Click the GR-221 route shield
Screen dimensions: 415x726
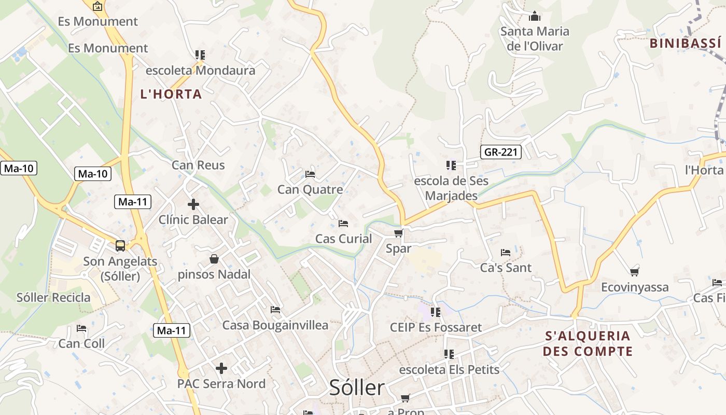click(501, 152)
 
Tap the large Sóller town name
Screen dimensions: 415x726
click(357, 388)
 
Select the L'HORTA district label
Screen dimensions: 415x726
click(171, 94)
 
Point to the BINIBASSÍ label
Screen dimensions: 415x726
click(686, 43)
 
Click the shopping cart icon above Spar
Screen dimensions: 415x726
click(398, 233)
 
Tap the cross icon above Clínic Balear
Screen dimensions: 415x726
click(193, 204)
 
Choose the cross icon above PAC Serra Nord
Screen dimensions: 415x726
click(221, 368)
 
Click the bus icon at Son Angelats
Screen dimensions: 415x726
click(120, 245)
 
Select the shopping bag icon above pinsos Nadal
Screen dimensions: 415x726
click(214, 258)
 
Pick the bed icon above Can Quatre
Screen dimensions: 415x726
click(310, 174)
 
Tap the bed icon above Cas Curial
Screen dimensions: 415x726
click(343, 223)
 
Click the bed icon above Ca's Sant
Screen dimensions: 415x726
click(506, 253)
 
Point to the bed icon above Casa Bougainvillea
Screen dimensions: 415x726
click(275, 310)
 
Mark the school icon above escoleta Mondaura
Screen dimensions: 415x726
click(200, 54)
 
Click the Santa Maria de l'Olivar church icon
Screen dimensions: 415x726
click(535, 16)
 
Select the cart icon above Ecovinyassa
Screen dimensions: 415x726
click(634, 271)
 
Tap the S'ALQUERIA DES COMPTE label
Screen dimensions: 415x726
click(588, 343)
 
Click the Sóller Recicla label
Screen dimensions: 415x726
click(53, 298)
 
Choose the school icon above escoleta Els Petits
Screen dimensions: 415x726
click(449, 354)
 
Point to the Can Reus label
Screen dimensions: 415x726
click(198, 165)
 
